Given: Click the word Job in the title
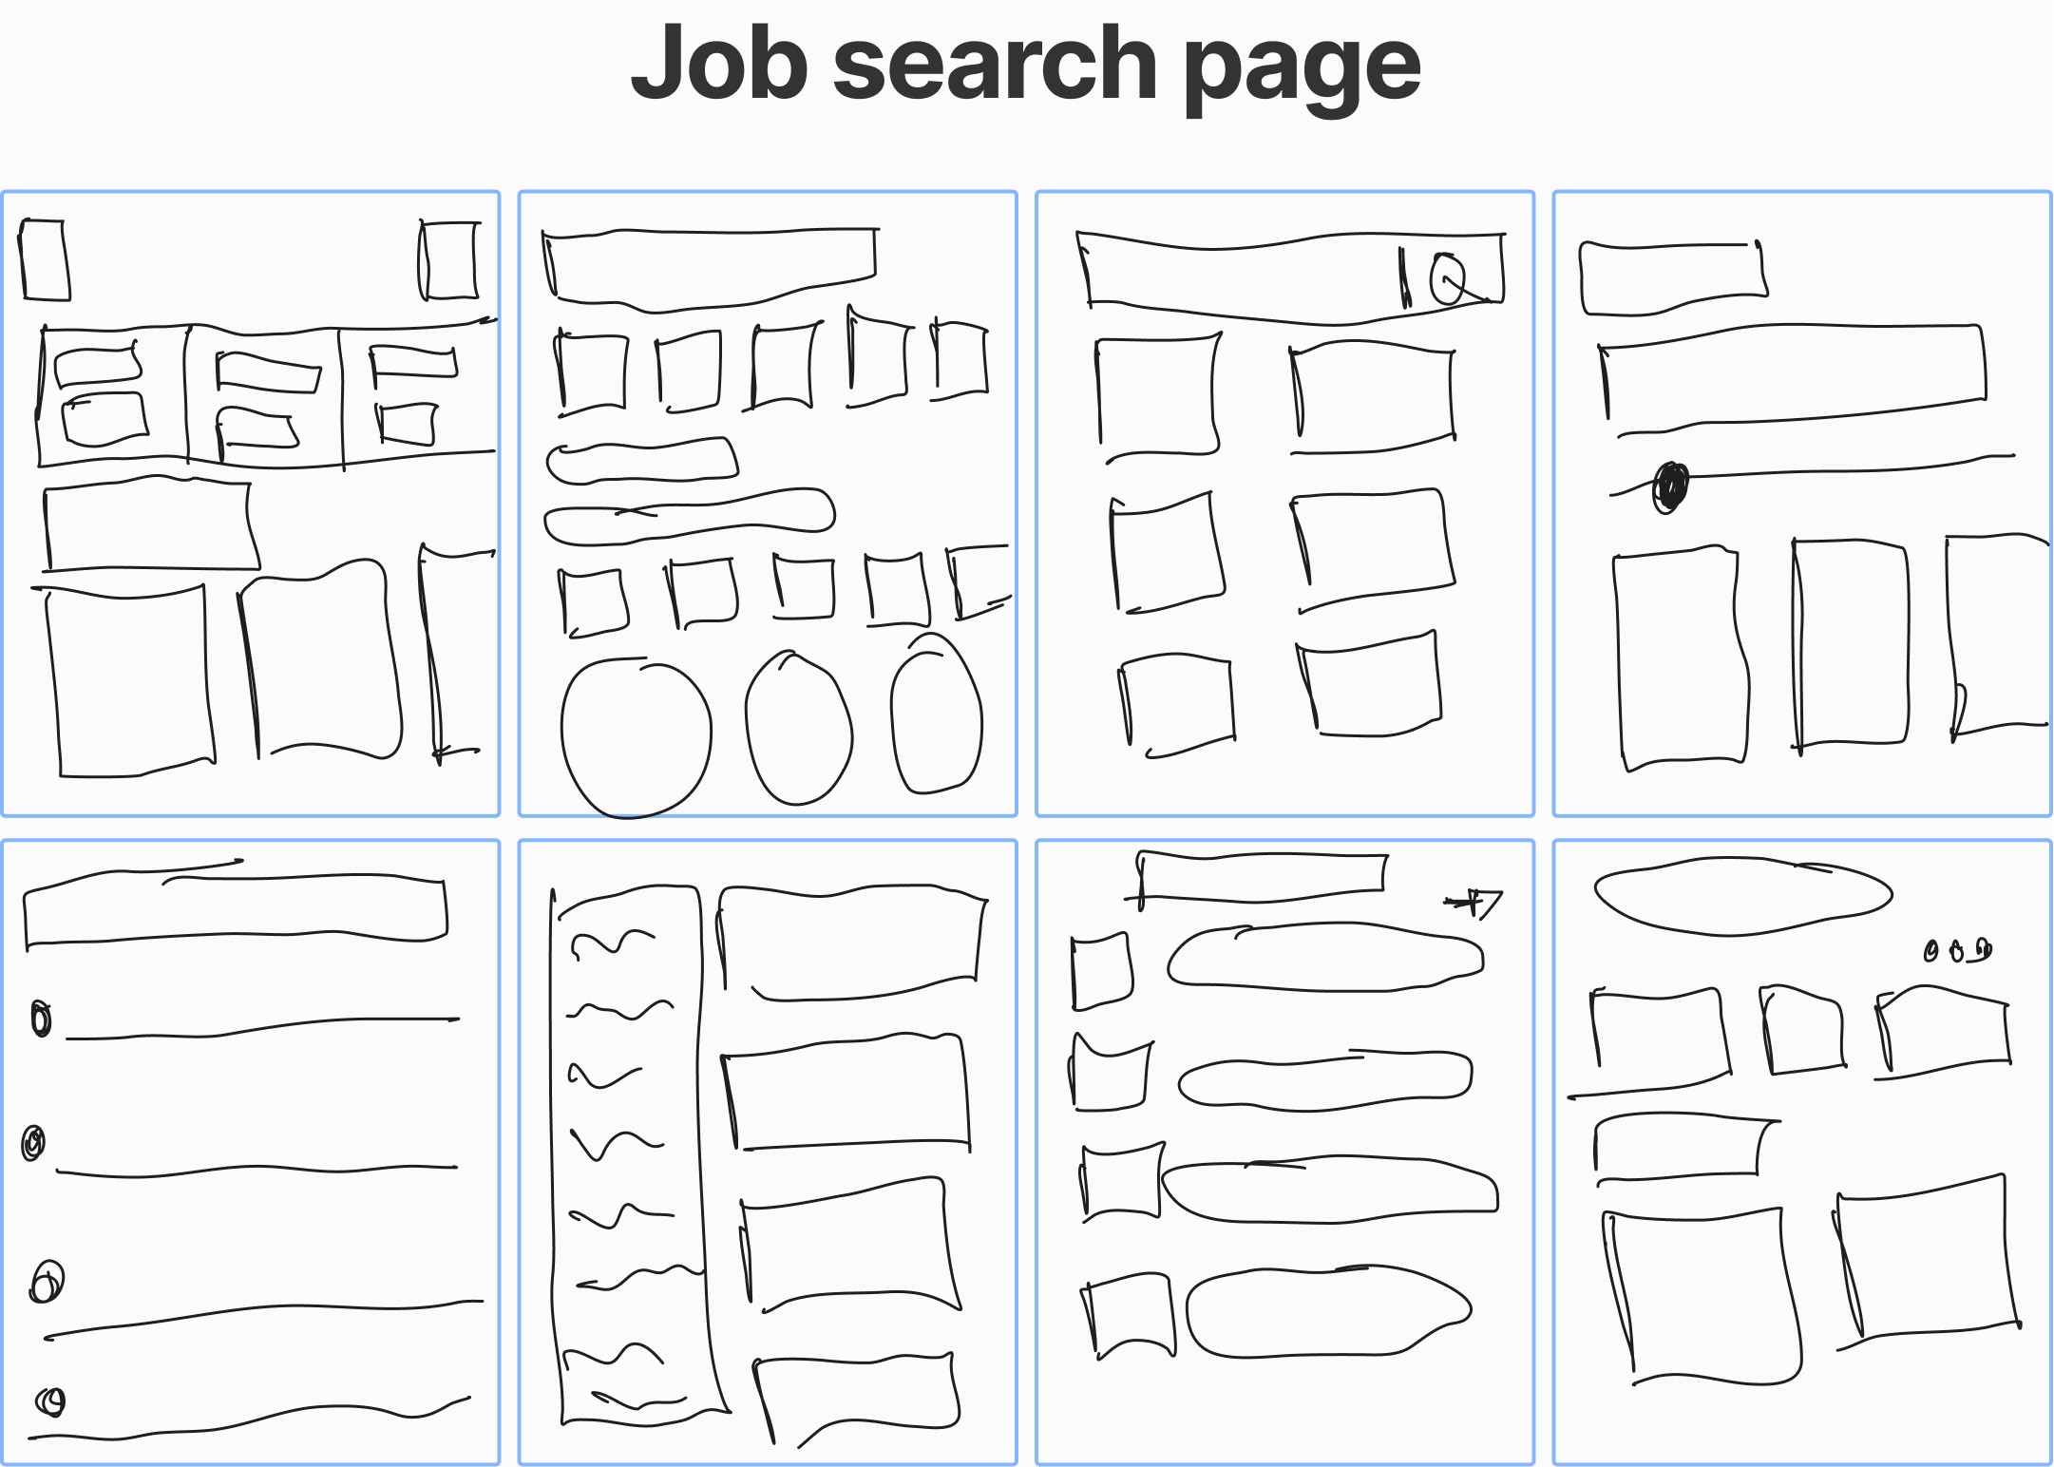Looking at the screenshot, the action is (x=719, y=65).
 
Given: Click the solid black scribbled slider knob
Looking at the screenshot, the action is (x=1671, y=486).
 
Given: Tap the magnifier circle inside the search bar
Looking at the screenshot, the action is (x=1447, y=279).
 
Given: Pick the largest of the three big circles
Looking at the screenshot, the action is (x=636, y=737).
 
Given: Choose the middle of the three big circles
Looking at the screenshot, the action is (x=798, y=730).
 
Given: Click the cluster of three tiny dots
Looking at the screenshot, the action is (x=1957, y=950).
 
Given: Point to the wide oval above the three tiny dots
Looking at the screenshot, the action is (x=1742, y=896).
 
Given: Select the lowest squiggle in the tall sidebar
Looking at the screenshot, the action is (x=637, y=1399).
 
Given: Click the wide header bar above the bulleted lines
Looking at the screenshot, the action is (x=234, y=909).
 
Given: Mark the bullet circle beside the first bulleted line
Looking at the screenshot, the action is (x=41, y=1019).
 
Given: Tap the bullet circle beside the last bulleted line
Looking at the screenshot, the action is (x=51, y=1401).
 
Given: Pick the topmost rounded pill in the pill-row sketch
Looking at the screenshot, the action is (x=1325, y=958).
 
